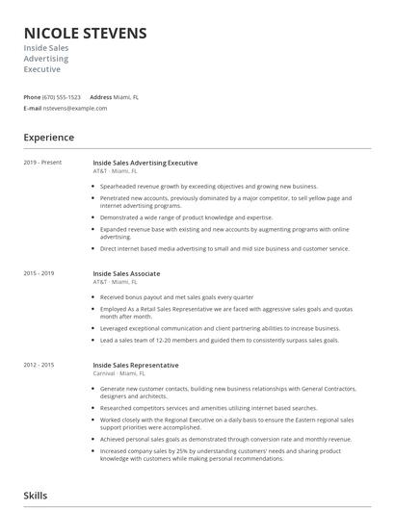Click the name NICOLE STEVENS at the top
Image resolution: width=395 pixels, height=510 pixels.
(x=85, y=34)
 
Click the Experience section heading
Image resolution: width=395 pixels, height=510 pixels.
(x=48, y=138)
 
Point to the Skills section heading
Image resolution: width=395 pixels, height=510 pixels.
(x=36, y=496)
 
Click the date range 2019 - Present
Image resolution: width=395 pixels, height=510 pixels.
(x=42, y=163)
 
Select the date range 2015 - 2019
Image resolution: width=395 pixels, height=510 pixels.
(x=39, y=273)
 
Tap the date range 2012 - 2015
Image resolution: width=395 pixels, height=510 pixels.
(x=39, y=366)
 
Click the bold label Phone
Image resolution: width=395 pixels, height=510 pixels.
(x=32, y=97)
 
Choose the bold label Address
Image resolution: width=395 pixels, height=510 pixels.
(x=101, y=97)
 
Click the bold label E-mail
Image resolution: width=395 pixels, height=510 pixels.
(x=32, y=109)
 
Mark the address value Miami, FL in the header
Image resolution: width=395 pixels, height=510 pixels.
(x=127, y=97)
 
